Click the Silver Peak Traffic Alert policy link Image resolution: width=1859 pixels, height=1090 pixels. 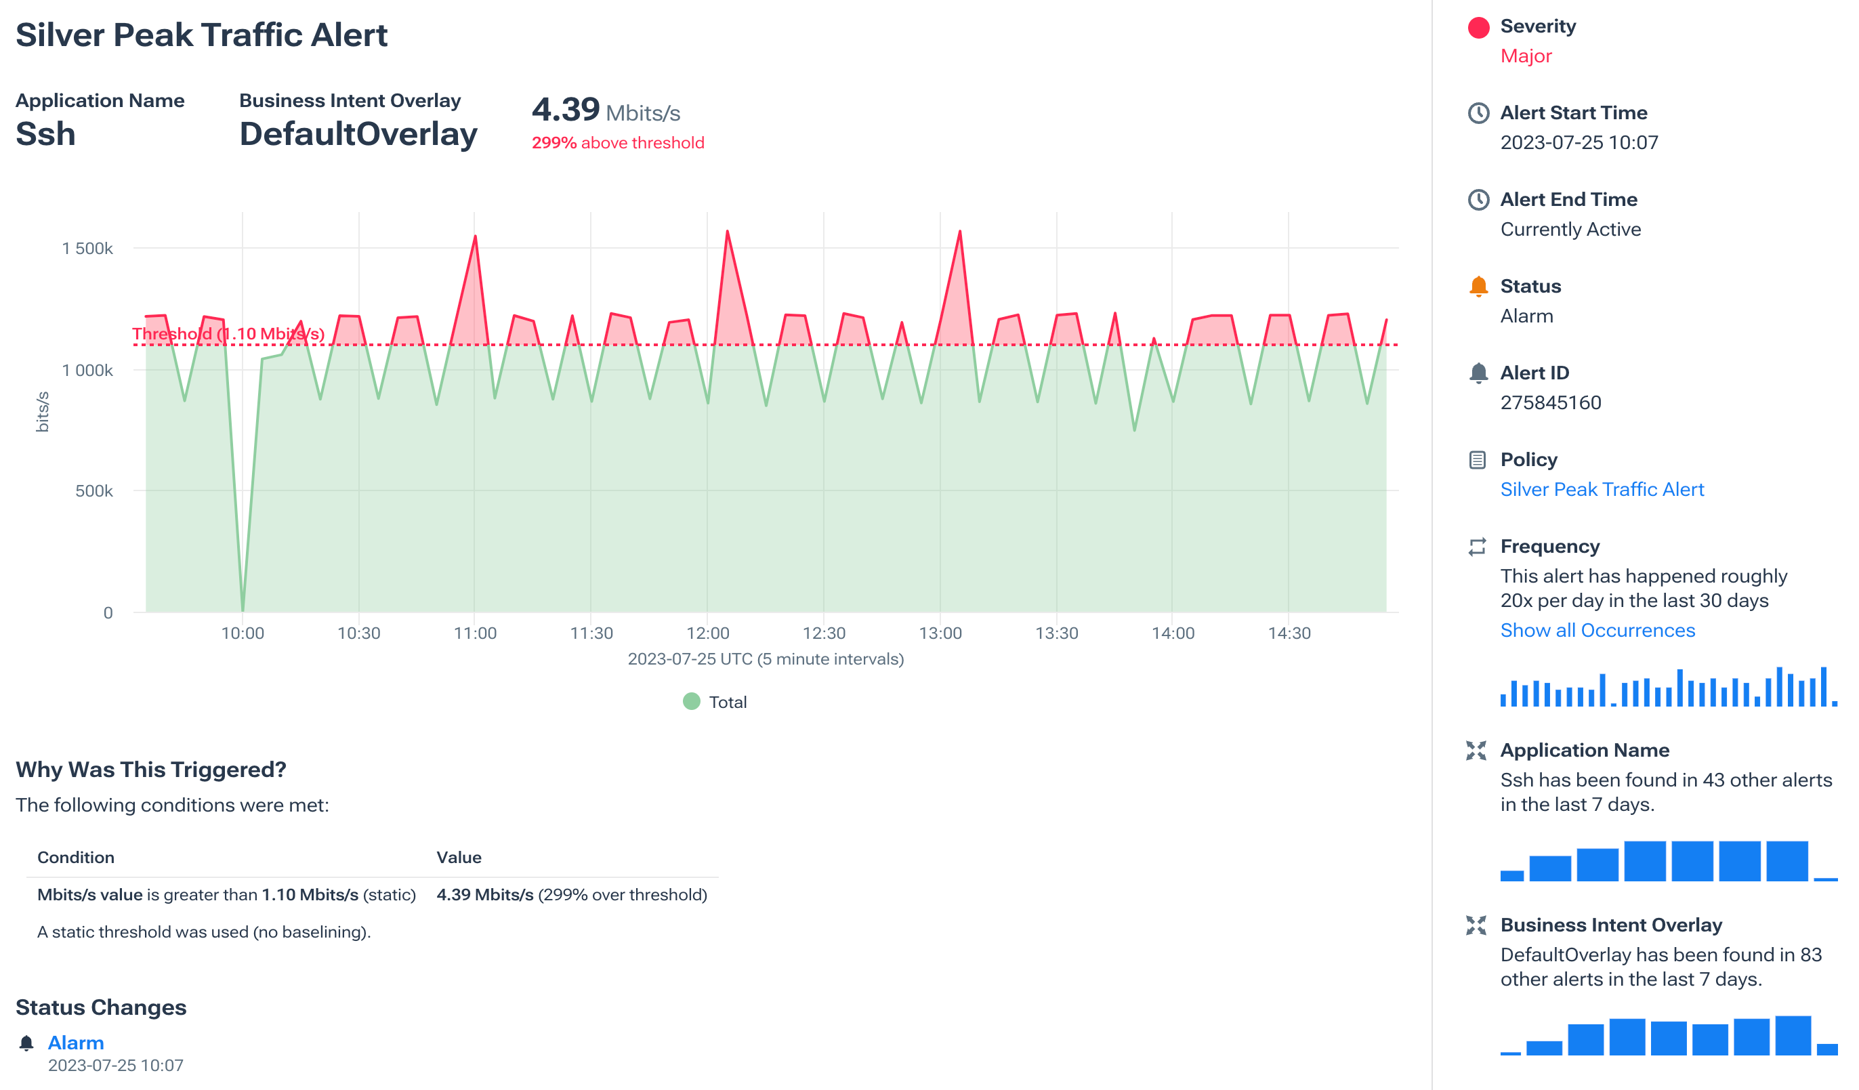point(1601,489)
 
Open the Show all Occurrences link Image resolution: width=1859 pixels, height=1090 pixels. point(1597,630)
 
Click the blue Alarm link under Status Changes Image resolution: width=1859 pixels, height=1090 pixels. point(75,1042)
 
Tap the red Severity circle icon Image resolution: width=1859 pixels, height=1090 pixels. point(1478,27)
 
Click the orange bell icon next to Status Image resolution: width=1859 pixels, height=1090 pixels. point(1478,286)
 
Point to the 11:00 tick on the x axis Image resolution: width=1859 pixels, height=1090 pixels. point(474,633)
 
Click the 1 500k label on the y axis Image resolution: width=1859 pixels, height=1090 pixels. point(87,249)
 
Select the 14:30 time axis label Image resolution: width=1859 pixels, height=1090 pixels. point(1289,633)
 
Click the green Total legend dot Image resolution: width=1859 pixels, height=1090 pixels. point(691,701)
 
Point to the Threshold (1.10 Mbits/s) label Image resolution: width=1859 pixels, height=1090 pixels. point(228,333)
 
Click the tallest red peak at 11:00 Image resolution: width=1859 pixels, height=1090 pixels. point(475,238)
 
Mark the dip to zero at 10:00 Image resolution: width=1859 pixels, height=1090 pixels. point(243,609)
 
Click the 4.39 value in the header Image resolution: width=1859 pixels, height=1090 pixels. point(565,110)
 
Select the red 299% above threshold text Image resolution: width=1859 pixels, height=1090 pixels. point(617,143)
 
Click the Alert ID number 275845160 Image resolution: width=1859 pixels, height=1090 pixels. point(1550,402)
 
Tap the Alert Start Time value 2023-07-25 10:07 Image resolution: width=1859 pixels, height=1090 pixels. point(1579,142)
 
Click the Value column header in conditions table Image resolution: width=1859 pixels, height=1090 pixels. point(458,857)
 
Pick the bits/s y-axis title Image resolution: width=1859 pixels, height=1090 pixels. point(43,411)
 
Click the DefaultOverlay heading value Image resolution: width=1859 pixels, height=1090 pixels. point(358,134)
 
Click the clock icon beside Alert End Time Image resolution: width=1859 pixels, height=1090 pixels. point(1478,200)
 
